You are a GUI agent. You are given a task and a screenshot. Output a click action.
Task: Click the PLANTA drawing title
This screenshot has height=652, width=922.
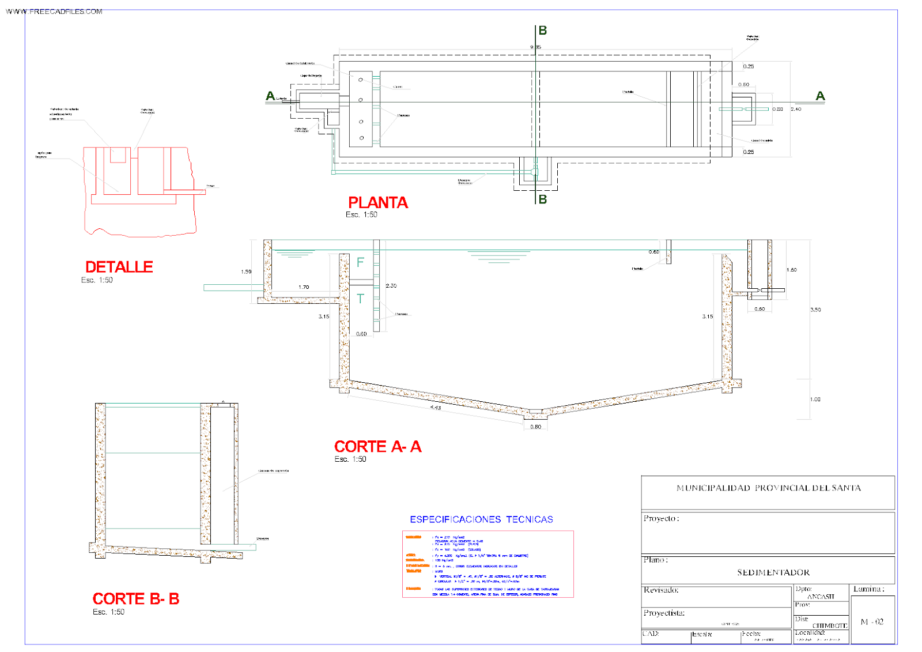click(377, 203)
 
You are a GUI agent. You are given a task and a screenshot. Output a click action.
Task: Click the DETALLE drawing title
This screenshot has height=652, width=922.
click(119, 267)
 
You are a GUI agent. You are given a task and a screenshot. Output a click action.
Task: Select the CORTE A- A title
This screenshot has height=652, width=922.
click(377, 447)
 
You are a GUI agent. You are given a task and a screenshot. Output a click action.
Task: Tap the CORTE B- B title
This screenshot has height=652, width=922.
click(136, 599)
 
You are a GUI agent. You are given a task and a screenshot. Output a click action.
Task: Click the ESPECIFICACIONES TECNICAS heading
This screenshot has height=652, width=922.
click(481, 519)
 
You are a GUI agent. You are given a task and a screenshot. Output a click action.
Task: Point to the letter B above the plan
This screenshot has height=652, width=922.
click(543, 31)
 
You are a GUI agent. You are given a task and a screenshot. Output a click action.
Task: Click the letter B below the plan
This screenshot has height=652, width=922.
click(543, 199)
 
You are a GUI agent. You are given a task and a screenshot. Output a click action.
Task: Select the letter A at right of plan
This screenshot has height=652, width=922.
click(821, 96)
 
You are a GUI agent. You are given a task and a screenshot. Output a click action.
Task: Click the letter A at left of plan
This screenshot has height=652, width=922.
click(270, 96)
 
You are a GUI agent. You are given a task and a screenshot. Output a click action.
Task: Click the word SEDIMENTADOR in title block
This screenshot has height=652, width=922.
click(773, 572)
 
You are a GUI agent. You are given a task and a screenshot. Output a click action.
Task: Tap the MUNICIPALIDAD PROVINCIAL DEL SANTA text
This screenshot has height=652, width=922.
click(768, 488)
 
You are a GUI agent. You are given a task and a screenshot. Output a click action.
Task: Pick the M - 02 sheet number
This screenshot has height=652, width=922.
click(872, 621)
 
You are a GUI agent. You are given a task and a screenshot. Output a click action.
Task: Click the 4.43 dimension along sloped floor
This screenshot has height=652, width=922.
click(436, 408)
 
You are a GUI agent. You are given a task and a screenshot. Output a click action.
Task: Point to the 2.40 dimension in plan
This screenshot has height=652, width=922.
click(796, 109)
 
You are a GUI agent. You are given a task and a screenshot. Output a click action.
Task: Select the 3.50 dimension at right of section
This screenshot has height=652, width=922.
click(815, 310)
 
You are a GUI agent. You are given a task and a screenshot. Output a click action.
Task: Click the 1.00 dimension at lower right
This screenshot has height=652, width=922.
click(815, 399)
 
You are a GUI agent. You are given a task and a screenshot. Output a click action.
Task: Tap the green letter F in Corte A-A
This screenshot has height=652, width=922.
click(360, 262)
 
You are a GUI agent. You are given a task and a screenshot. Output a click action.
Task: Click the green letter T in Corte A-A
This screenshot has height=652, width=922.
click(360, 299)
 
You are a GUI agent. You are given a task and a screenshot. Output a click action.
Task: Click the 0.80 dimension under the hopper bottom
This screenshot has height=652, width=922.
click(536, 427)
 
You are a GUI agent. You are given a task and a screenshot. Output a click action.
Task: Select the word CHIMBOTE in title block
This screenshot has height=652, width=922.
click(829, 625)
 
